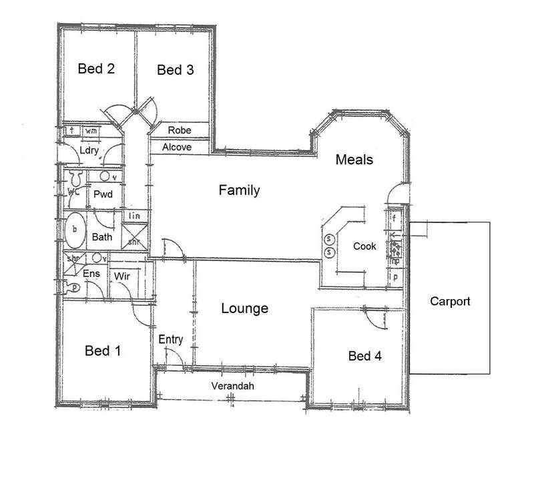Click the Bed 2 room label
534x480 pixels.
[96, 69]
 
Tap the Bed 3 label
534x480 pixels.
[175, 70]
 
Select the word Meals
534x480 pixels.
[354, 160]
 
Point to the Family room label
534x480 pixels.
[239, 191]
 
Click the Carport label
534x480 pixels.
[449, 301]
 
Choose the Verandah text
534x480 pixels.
[232, 387]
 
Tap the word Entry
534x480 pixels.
[171, 339]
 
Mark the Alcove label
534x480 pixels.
[177, 147]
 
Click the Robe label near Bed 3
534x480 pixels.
[180, 130]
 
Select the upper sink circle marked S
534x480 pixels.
[329, 240]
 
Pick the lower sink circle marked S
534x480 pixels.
[329, 252]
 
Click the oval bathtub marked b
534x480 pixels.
[75, 230]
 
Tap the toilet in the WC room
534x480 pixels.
[75, 178]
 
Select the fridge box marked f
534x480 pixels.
[395, 218]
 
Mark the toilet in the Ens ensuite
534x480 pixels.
[71, 286]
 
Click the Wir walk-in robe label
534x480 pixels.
[121, 276]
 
